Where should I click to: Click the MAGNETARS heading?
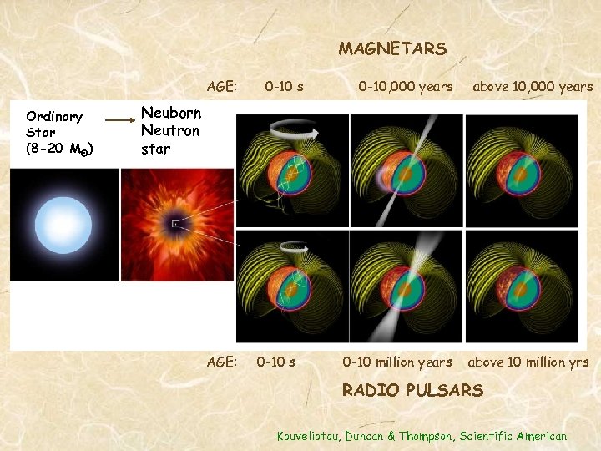(x=392, y=49)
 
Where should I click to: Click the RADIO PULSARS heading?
(x=412, y=390)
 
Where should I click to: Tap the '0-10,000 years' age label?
(x=406, y=86)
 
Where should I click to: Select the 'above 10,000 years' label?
(x=533, y=86)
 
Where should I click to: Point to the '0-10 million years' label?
(x=397, y=362)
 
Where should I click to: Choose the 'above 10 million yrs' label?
(x=528, y=362)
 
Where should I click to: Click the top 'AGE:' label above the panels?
(x=222, y=86)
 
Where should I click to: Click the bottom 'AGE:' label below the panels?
(x=222, y=362)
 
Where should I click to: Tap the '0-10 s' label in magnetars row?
(x=284, y=86)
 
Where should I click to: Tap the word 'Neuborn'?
(x=169, y=113)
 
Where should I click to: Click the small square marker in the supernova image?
(x=175, y=224)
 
